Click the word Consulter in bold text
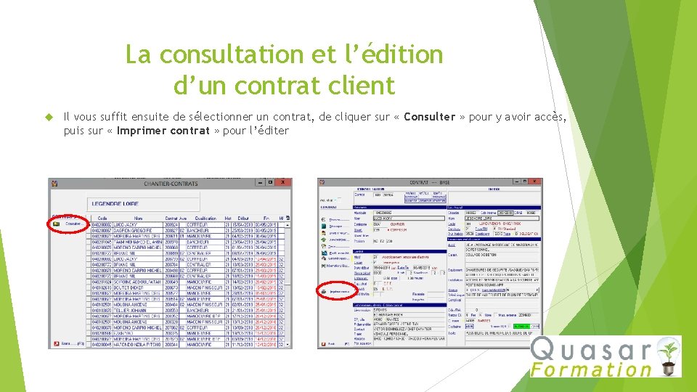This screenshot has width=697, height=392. coord(430,117)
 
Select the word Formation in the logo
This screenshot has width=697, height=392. coord(591,369)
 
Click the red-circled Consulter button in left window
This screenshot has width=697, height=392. coord(66,224)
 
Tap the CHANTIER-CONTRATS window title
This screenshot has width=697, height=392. coord(171,184)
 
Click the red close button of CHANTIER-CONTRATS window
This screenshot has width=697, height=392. coord(287,184)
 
